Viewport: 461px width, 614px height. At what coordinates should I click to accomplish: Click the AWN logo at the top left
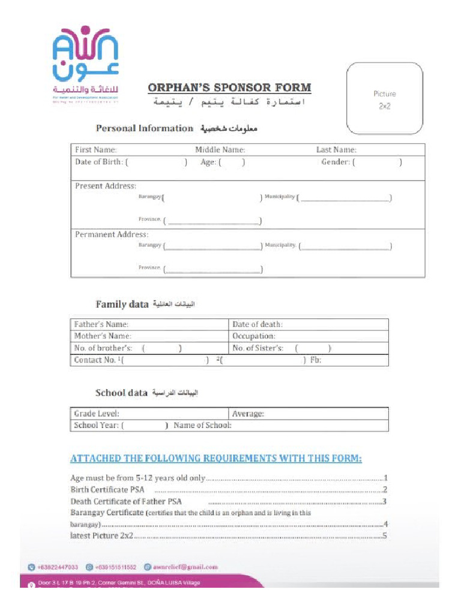pos(86,64)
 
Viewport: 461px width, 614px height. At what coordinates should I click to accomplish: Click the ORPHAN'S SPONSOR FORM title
pos(229,88)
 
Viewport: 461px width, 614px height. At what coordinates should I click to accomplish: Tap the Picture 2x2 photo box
pos(384,100)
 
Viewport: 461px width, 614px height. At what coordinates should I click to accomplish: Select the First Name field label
pos(95,150)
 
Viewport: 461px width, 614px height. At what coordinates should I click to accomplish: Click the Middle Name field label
pos(220,150)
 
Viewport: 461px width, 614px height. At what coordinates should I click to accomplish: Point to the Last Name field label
pos(336,150)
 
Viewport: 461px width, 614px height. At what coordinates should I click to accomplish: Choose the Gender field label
pos(335,162)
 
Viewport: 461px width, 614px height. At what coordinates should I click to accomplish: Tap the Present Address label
pos(106,186)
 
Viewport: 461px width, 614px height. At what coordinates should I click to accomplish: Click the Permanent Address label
pos(111,234)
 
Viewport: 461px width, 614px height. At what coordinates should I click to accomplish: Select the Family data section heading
pos(122,305)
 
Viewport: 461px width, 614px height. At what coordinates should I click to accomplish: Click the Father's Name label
pos(101,324)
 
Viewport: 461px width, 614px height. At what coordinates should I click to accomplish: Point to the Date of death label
pos(258,324)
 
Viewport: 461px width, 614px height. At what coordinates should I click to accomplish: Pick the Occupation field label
pos(254,336)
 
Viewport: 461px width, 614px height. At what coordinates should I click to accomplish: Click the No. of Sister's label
pos(258,348)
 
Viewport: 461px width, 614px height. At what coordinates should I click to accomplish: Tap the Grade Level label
pos(97,414)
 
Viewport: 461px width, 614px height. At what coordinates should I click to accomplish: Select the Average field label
pos(248,414)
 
